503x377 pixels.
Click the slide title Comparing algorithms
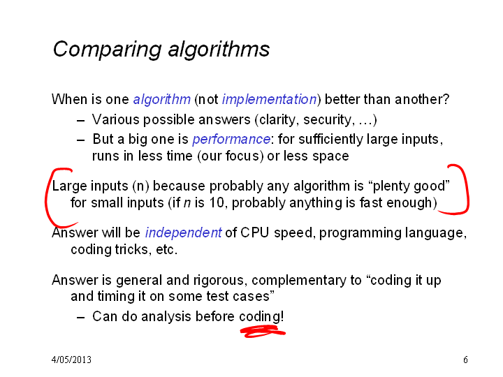(x=161, y=50)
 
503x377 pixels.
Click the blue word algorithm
(x=161, y=99)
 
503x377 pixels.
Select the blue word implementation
(x=270, y=99)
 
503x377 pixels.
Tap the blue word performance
(x=231, y=140)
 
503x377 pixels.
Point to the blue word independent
(x=183, y=232)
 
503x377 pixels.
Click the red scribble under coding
(x=263, y=332)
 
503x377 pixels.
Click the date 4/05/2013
(x=71, y=360)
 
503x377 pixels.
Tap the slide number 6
(x=465, y=360)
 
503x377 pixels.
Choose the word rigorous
(x=220, y=281)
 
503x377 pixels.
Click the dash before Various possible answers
(x=81, y=121)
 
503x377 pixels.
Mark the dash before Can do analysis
(x=81, y=318)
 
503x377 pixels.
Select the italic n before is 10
(x=187, y=203)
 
